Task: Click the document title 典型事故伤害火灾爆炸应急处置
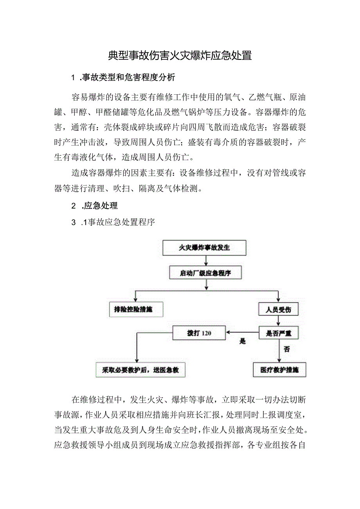(x=180, y=56)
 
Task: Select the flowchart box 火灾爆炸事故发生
(x=205, y=248)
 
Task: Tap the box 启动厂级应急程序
(x=205, y=273)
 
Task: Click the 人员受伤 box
(x=278, y=309)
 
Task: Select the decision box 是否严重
(x=278, y=333)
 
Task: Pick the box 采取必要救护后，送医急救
(x=140, y=370)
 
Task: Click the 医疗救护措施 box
(x=279, y=370)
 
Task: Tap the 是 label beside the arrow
(x=243, y=342)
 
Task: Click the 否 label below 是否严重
(x=287, y=349)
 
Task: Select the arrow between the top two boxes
(x=206, y=260)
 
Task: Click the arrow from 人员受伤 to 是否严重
(x=278, y=321)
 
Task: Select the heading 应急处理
(x=101, y=205)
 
